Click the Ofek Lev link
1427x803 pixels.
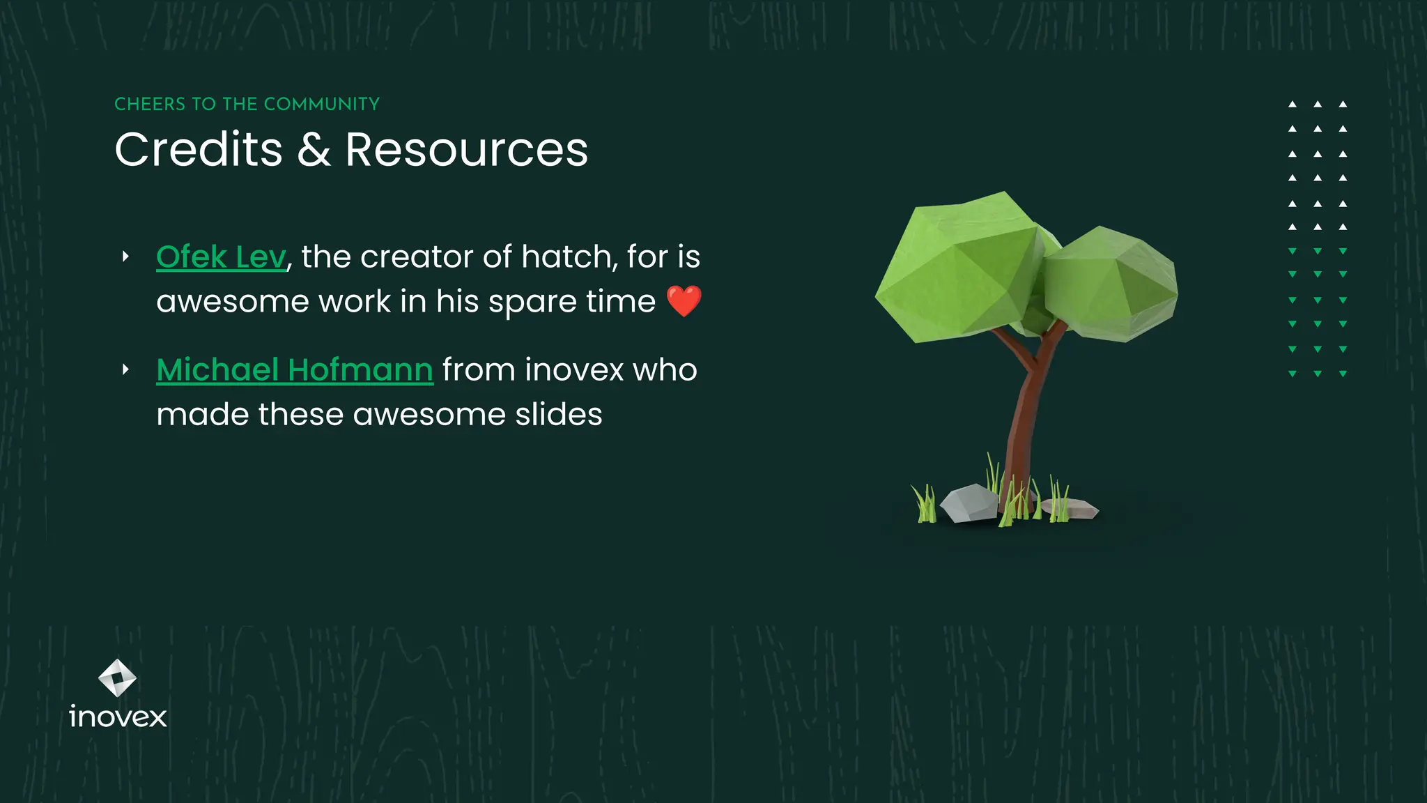click(x=221, y=257)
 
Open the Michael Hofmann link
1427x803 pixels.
click(x=295, y=369)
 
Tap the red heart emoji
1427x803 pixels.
click(x=684, y=301)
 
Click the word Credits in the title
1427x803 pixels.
click(x=199, y=150)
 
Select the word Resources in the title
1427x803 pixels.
click(x=467, y=150)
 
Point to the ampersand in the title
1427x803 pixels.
click(x=314, y=150)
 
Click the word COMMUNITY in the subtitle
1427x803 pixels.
click(x=321, y=105)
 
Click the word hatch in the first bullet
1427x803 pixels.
click(x=565, y=257)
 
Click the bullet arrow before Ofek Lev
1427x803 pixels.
click(x=125, y=257)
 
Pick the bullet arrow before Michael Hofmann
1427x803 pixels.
click(x=125, y=369)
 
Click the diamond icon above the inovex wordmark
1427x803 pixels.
click(x=117, y=678)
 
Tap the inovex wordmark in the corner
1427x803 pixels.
click(x=118, y=717)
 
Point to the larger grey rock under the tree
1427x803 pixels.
click(x=969, y=503)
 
